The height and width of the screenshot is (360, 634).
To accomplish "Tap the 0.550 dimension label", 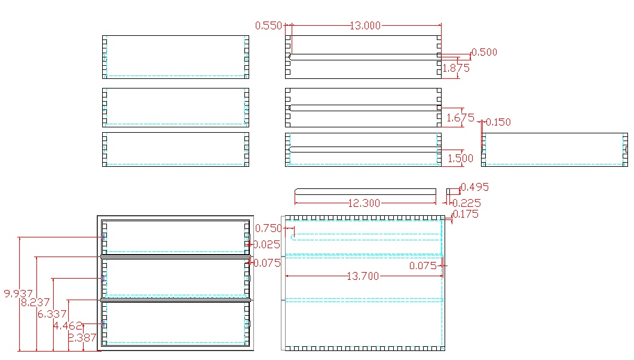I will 268,26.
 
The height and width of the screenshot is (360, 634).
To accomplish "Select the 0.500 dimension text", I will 484,52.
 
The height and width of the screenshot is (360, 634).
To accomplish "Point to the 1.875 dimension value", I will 455,68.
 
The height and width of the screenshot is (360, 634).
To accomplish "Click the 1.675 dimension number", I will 460,118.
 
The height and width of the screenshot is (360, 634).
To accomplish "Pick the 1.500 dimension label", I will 460,158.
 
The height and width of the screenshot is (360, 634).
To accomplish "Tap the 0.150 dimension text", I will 498,122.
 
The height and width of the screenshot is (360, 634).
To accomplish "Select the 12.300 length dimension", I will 363,203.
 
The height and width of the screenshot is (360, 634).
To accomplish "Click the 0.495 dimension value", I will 475,187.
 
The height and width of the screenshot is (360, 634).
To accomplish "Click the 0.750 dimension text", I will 268,228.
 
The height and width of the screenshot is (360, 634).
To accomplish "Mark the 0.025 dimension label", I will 267,244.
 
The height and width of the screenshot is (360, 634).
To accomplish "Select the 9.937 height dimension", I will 18,294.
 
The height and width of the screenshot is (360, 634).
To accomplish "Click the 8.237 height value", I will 35,303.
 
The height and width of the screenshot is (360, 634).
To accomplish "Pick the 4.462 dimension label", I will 67,326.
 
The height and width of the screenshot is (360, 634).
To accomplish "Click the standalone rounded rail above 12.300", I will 366,191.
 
